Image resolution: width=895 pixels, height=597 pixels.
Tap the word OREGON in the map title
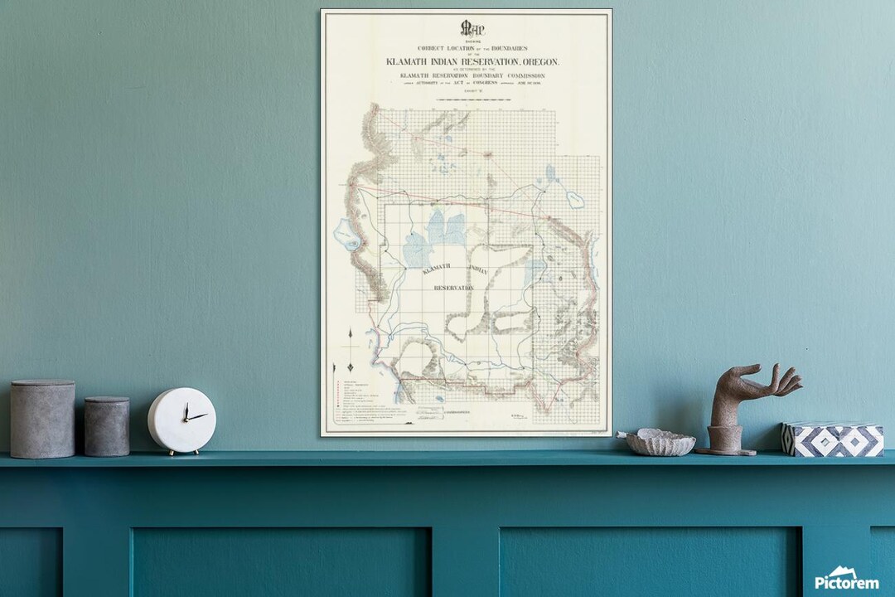point(539,62)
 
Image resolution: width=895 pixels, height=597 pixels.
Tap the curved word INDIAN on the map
point(479,270)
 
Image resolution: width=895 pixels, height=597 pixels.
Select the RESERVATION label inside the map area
point(454,288)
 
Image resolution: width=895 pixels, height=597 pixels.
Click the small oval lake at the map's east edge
point(574,199)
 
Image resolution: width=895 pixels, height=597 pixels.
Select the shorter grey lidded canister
point(107,426)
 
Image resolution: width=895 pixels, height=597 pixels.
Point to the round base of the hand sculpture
point(725,449)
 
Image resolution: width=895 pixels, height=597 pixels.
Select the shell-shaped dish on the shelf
point(660,443)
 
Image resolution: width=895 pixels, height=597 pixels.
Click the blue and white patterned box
point(833,439)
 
